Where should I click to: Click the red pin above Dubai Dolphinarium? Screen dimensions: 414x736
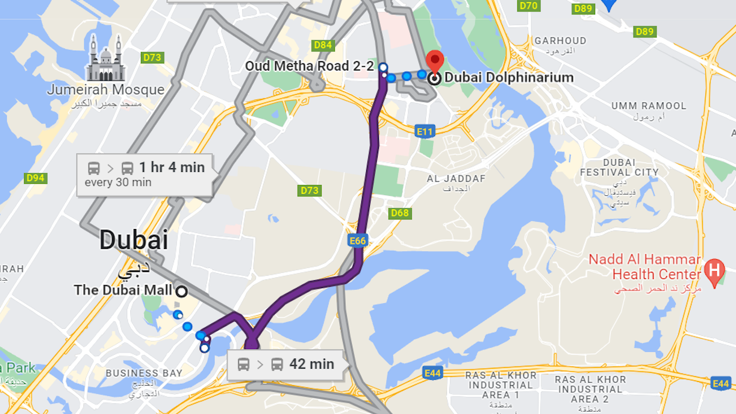(434, 61)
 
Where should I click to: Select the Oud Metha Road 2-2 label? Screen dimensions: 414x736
(309, 66)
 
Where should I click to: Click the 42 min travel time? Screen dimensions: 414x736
(311, 364)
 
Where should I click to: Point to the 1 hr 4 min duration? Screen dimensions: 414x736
(172, 167)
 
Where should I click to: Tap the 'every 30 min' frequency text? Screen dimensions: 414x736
(118, 183)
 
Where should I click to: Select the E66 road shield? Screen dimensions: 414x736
(358, 241)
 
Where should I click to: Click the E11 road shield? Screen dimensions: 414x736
(425, 131)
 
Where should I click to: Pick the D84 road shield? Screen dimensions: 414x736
(323, 45)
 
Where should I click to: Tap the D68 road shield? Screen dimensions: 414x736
(399, 213)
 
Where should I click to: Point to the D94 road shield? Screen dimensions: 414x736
(36, 178)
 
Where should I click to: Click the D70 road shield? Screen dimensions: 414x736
(528, 5)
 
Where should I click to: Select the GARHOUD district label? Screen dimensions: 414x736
(560, 41)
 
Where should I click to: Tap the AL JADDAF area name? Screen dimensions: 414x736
(456, 179)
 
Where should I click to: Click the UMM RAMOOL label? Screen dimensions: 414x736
(649, 106)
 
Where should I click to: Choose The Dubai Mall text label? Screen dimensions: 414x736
(123, 290)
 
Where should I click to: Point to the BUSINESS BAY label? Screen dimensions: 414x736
(144, 373)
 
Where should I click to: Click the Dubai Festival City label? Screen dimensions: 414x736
(619, 168)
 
